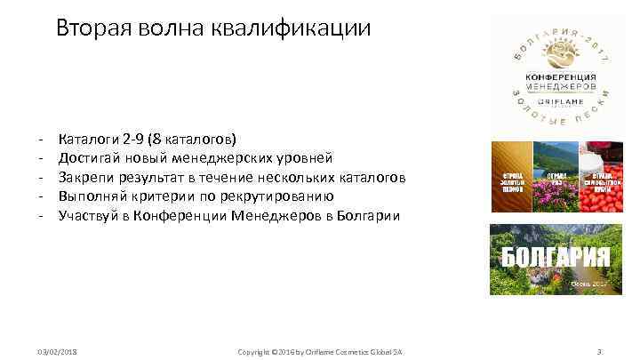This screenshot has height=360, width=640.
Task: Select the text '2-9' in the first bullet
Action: click(x=136, y=140)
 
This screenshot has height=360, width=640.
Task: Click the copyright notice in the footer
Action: click(x=320, y=352)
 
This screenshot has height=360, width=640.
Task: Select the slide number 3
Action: click(x=600, y=352)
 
